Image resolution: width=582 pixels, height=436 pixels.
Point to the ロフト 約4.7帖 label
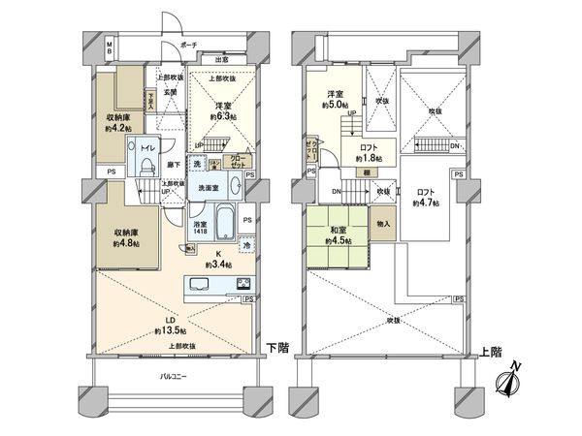425,198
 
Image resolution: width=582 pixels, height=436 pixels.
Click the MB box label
110,47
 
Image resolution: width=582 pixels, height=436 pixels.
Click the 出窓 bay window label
221,60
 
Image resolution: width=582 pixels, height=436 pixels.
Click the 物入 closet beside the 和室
384,224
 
